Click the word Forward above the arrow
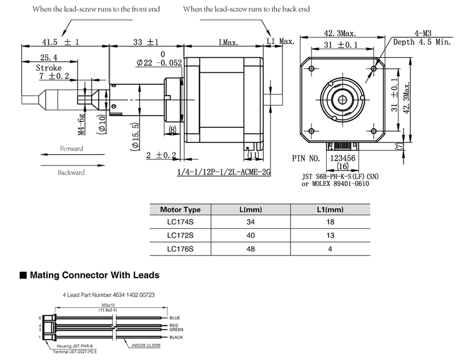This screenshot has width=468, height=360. (71, 149)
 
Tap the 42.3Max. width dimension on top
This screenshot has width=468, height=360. (341, 33)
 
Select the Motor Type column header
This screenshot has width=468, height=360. (180, 210)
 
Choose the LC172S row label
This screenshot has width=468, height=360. (180, 235)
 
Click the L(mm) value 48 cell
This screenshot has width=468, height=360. (251, 248)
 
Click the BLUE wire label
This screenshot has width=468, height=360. (174, 318)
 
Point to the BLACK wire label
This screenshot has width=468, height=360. (176, 337)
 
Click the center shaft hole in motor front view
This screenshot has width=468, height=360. (341, 98)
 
